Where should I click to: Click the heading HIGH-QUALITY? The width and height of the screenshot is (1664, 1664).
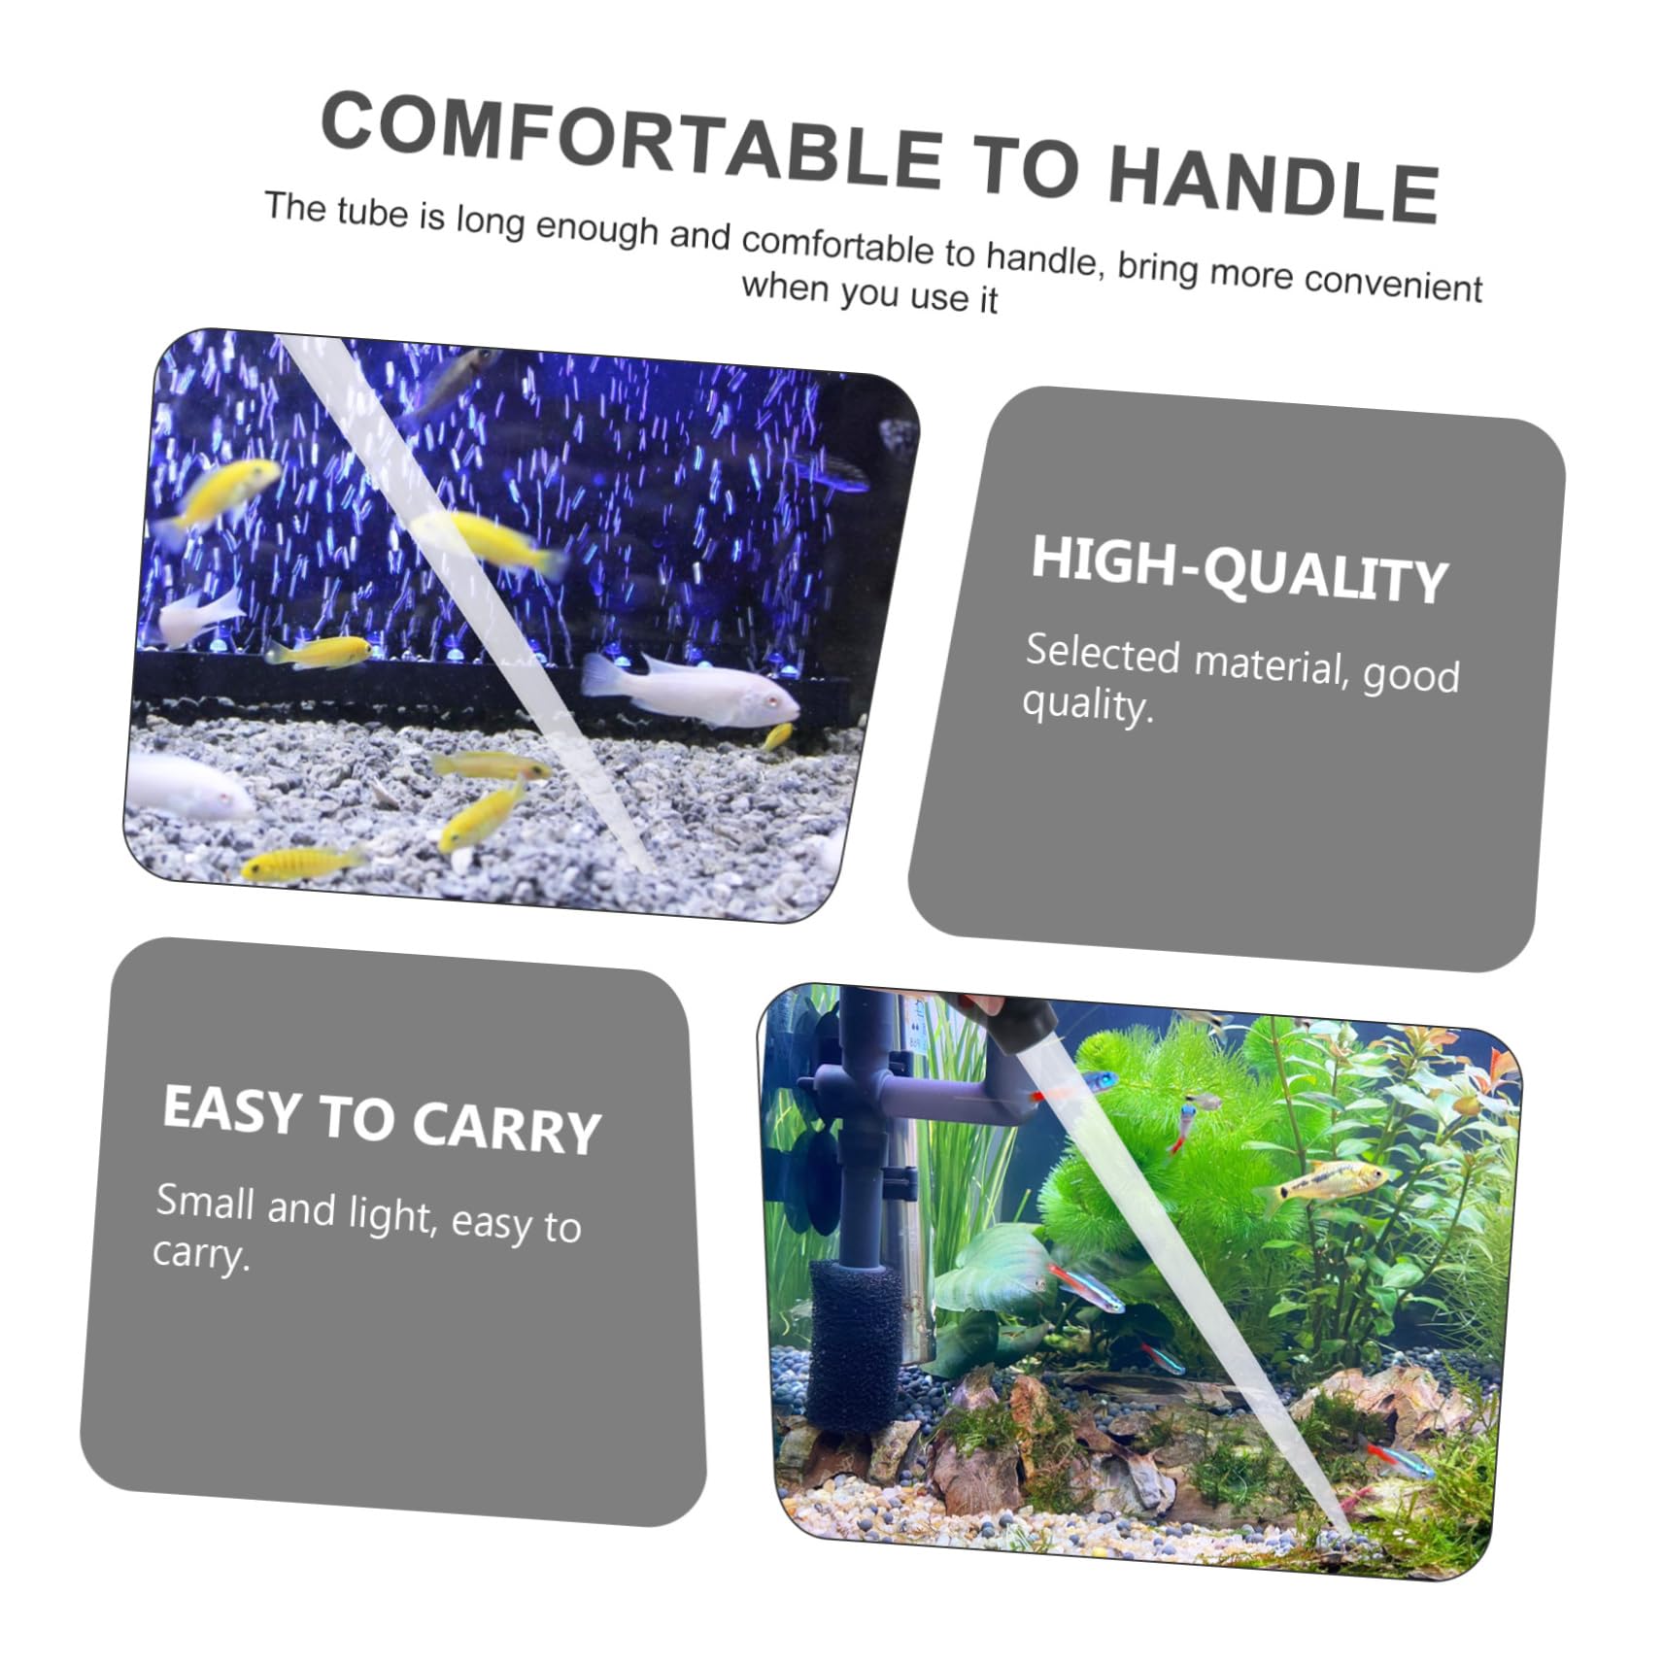point(1239,570)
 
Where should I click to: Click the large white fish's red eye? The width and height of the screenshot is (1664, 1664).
point(769,699)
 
